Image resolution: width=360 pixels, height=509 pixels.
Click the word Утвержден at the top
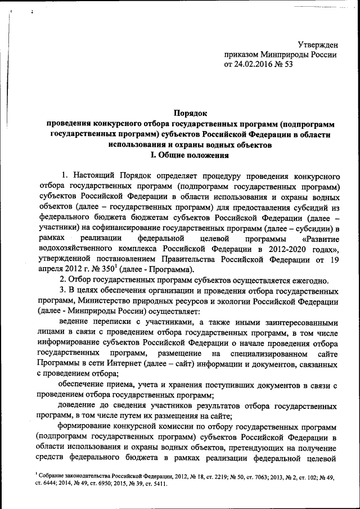click(x=317, y=44)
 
